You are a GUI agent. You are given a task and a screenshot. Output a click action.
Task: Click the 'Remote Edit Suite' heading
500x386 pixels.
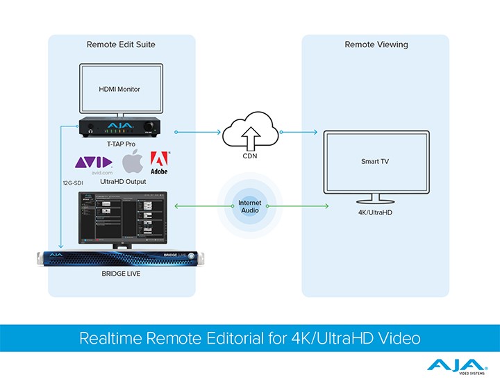click(121, 44)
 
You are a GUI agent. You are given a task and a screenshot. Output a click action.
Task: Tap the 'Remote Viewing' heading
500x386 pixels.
click(376, 44)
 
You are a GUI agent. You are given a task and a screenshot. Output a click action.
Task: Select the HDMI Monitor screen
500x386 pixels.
click(122, 90)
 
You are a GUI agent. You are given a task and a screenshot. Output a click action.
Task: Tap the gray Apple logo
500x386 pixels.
click(133, 163)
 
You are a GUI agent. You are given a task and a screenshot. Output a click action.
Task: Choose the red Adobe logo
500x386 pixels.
click(159, 162)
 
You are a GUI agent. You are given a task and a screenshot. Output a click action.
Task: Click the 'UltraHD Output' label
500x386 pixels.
click(122, 181)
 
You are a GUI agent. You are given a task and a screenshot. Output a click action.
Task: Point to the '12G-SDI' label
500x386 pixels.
click(74, 183)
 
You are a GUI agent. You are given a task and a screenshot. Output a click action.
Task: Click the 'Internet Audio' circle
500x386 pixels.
click(250, 206)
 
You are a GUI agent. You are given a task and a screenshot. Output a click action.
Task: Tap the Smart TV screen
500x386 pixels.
click(375, 161)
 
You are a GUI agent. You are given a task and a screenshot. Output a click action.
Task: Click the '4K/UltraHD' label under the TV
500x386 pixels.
click(375, 212)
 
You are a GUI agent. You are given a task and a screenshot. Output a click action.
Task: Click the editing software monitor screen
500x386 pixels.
click(122, 217)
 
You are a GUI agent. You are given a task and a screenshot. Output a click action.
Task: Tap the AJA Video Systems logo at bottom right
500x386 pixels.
click(456, 366)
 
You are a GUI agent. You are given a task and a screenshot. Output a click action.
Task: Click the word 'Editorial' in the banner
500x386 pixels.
click(270, 339)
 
